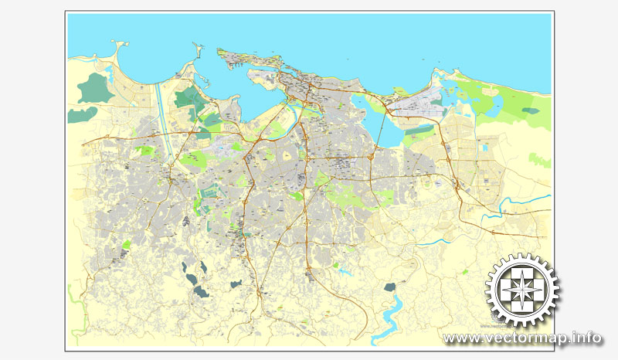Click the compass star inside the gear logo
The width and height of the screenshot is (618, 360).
(x=524, y=291)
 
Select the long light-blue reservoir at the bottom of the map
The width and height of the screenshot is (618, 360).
(x=386, y=317)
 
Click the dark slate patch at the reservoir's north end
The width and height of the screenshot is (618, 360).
(x=391, y=288)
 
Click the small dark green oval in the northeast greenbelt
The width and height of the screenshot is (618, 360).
(x=529, y=110)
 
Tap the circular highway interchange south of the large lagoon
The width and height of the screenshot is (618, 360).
(x=371, y=157)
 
